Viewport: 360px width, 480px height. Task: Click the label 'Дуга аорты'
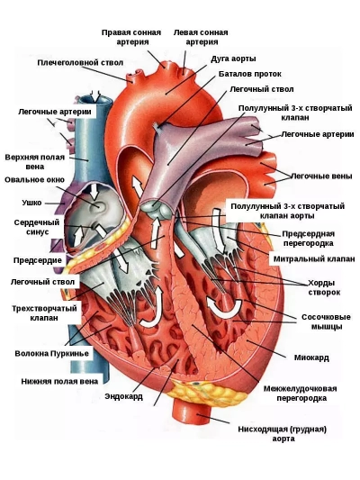[233, 59]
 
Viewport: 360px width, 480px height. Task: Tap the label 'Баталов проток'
[250, 74]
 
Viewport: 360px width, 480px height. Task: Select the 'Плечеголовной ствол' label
[80, 63]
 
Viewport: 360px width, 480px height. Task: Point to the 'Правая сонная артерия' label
[131, 37]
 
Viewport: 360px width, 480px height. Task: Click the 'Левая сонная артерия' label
[201, 37]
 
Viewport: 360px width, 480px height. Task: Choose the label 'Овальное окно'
[34, 180]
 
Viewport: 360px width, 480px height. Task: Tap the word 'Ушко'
[31, 203]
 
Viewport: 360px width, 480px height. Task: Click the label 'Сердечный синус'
[37, 227]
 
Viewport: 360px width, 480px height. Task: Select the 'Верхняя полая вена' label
[35, 162]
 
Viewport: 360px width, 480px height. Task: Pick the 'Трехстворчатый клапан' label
[44, 312]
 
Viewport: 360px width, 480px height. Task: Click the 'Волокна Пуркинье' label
[52, 354]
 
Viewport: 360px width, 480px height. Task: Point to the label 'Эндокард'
[124, 396]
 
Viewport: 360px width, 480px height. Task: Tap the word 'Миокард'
[311, 358]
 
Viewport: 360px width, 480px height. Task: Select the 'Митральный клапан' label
[314, 259]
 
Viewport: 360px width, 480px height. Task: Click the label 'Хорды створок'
[324, 287]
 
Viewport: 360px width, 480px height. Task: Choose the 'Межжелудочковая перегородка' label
[300, 394]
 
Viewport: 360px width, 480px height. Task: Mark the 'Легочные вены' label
[321, 176]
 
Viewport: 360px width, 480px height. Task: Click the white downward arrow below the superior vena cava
[94, 191]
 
